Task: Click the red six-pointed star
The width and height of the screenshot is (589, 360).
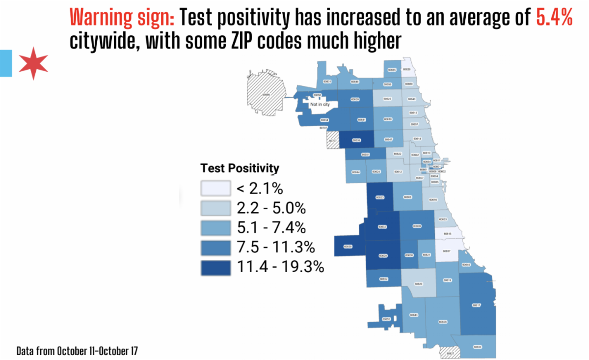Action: [x=33, y=64]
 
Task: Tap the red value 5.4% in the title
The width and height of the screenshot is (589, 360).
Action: [x=554, y=19]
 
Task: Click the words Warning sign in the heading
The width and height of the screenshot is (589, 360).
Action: [x=122, y=19]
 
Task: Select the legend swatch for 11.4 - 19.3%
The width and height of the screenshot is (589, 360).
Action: [x=215, y=268]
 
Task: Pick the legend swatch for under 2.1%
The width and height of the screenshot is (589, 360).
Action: [x=215, y=188]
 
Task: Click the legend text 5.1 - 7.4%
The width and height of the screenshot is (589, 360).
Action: [x=271, y=228]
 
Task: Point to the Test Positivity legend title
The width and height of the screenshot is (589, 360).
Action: [x=240, y=168]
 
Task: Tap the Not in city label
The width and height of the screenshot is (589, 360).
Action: [x=320, y=104]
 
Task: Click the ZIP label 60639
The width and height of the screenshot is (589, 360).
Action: [x=357, y=140]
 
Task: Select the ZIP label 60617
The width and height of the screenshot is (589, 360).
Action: [x=476, y=305]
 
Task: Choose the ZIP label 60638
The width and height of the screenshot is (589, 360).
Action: [x=348, y=247]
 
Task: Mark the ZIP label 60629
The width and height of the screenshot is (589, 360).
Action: [x=383, y=256]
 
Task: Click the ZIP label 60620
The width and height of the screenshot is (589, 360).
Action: [x=419, y=284]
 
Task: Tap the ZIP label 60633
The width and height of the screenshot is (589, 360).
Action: [x=477, y=347]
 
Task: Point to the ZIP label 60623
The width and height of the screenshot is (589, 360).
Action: [x=379, y=197]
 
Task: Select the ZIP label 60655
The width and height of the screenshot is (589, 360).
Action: [x=386, y=319]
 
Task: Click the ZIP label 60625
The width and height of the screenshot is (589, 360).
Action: [x=387, y=99]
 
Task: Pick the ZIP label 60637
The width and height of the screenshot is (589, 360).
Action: [x=446, y=251]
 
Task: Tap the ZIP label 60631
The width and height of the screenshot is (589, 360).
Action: [x=327, y=81]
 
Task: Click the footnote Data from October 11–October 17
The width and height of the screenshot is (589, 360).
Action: [x=77, y=351]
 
